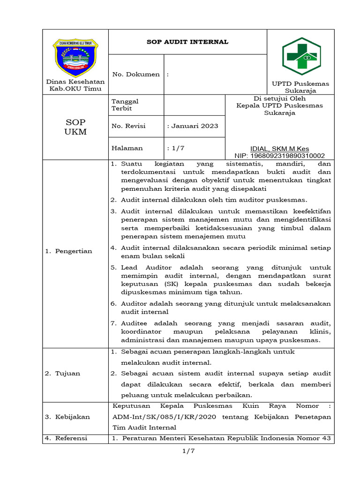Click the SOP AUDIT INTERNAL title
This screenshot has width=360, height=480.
click(187, 42)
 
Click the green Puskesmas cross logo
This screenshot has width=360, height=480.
click(301, 57)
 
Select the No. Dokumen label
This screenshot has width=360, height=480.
click(135, 74)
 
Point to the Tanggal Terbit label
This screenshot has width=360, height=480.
click(125, 105)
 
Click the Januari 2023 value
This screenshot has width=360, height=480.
click(192, 126)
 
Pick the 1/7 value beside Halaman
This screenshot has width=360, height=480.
click(176, 148)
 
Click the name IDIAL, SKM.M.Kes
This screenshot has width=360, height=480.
click(279, 149)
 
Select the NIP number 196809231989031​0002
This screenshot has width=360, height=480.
click(279, 156)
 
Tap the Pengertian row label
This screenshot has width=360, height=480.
click(69, 251)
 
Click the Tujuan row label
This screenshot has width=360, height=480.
click(63, 373)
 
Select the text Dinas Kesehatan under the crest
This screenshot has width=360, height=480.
click(75, 82)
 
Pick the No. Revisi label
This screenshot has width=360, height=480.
click(128, 126)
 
